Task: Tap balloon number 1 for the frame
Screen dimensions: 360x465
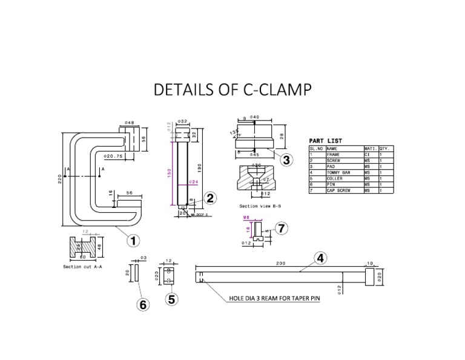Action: tap(133, 240)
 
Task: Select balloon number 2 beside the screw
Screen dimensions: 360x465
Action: tap(209, 198)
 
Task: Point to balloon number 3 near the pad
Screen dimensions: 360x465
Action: tap(286, 159)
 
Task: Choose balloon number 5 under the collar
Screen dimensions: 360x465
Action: tap(172, 298)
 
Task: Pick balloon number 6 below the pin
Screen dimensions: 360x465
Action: tap(143, 305)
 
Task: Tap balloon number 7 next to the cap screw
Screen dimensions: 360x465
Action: tap(280, 228)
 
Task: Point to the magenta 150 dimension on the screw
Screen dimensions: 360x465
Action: tap(170, 173)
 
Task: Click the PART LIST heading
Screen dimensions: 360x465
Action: tap(326, 141)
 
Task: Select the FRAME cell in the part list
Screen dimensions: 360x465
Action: tap(334, 155)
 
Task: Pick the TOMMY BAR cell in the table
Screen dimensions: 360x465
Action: tap(338, 173)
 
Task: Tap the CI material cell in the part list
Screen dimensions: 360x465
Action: tap(368, 155)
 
